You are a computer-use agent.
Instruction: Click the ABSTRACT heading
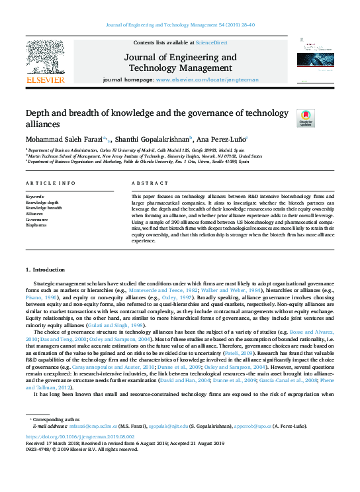(146, 182)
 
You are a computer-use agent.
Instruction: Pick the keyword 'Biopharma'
(36, 226)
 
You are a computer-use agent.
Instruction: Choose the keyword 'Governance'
(36, 220)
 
